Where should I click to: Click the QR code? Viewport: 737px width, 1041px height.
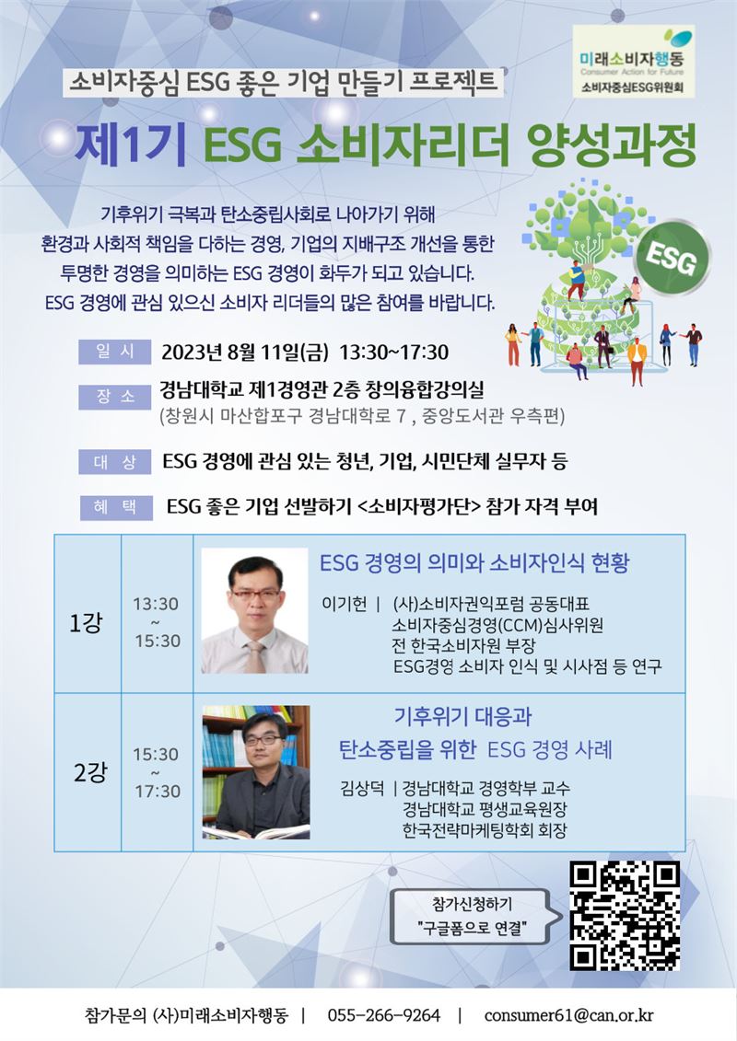click(625, 916)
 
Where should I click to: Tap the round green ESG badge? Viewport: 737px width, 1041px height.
click(672, 258)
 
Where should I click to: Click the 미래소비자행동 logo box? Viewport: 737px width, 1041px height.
click(633, 62)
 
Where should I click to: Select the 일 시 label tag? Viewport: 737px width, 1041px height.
click(115, 352)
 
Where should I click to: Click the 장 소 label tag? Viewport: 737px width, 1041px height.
click(115, 397)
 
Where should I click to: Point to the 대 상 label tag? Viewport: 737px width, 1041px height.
click(115, 462)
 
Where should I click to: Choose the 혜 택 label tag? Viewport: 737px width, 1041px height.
click(116, 507)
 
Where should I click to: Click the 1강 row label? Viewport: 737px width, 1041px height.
click(86, 623)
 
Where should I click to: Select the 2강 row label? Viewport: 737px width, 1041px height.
click(89, 773)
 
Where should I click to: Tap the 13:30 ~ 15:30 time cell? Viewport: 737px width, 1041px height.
click(157, 622)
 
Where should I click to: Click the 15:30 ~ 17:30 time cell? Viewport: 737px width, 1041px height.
click(157, 773)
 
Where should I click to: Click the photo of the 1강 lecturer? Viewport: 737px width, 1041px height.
click(254, 611)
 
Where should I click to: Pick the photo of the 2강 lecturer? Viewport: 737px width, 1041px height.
click(256, 772)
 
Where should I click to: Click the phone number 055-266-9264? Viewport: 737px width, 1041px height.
click(383, 1015)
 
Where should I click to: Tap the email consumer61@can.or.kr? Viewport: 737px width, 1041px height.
click(568, 1015)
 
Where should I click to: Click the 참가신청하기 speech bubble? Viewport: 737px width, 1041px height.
click(472, 916)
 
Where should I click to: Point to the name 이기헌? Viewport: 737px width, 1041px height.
click(344, 604)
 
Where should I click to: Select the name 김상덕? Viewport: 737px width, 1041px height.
click(362, 789)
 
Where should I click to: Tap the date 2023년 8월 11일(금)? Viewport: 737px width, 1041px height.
click(245, 353)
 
